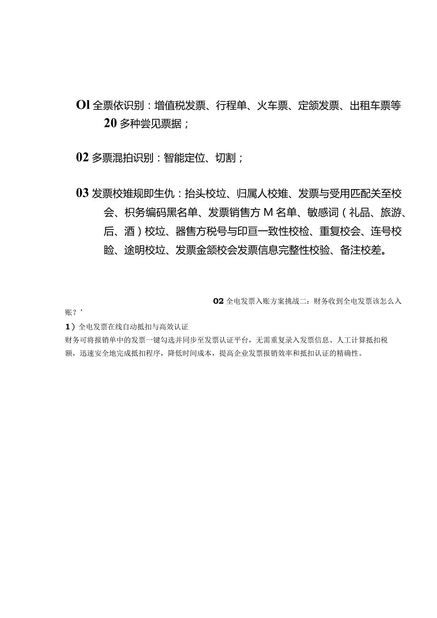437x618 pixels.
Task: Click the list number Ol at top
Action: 83,105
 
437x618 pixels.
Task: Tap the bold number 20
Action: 110,124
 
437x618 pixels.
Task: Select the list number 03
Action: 83,193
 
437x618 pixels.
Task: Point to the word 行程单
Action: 234,105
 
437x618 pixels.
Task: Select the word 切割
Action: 226,158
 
